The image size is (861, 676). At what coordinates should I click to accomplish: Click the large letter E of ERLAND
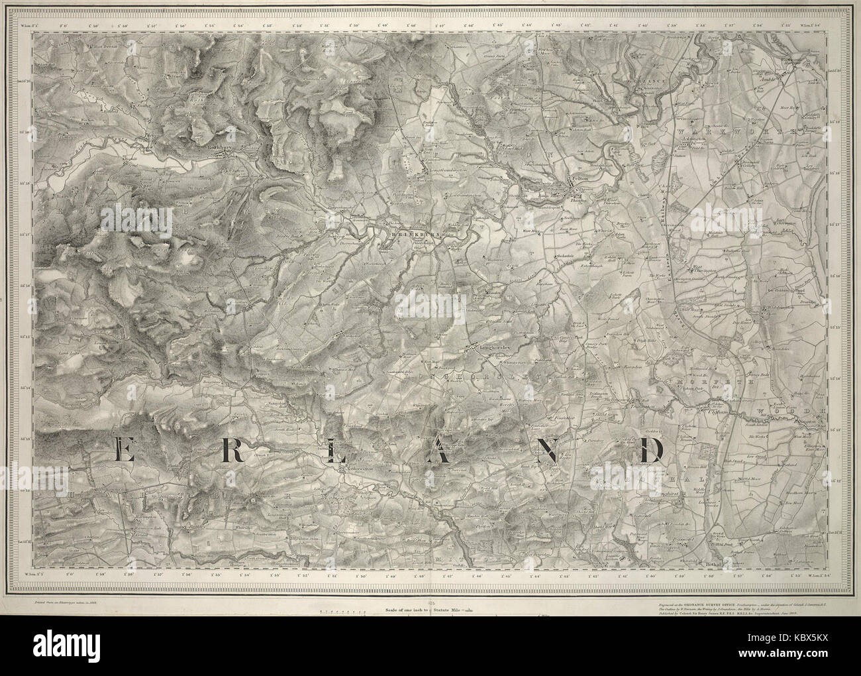coord(122,452)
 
